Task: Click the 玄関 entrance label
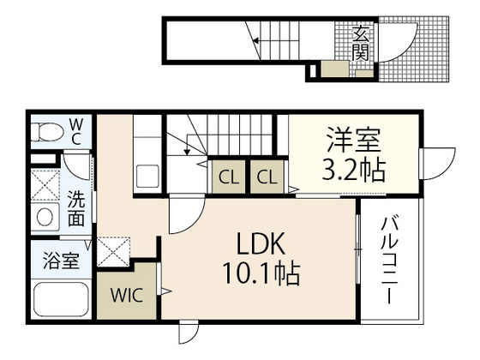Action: tap(360, 43)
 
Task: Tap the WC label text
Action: tap(76, 132)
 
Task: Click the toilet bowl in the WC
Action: tap(47, 132)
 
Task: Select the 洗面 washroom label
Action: tap(76, 208)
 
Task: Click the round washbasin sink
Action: tap(45, 216)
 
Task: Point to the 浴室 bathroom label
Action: tap(61, 261)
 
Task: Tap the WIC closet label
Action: tap(127, 296)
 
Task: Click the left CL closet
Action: tap(229, 177)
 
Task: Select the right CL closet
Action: tap(267, 177)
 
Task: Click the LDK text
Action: tap(261, 243)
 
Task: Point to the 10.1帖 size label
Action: tap(261, 273)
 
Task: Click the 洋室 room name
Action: tap(354, 140)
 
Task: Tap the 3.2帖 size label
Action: tap(353, 171)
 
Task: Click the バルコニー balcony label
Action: tap(389, 261)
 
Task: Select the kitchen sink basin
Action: tap(147, 176)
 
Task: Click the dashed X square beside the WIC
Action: tap(113, 251)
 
